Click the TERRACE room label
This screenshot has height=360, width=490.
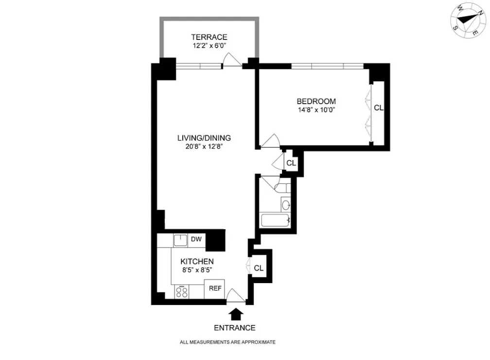(209, 37)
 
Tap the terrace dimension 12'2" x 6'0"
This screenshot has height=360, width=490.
(209, 46)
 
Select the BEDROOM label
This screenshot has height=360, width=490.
(316, 101)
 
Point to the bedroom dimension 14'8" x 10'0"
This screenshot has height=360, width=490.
(316, 110)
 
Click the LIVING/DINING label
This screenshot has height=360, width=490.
(204, 138)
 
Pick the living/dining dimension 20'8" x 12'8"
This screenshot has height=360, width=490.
(204, 146)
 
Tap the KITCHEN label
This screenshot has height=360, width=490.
(197, 262)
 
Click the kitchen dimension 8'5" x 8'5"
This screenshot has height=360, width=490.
(197, 270)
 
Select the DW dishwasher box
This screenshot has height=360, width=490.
(196, 239)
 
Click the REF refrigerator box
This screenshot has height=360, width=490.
(215, 288)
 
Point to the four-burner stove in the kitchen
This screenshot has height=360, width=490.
(182, 291)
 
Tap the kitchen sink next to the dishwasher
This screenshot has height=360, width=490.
(181, 240)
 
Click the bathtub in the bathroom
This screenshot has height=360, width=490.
(275, 220)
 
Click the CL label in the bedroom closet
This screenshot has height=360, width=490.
(379, 108)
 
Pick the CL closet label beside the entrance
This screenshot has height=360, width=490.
(259, 268)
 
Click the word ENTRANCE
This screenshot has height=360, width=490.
(235, 328)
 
